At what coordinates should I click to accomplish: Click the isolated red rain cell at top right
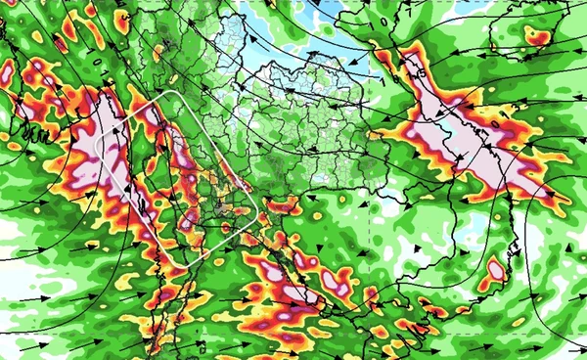pyautogui.click(x=535, y=36)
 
